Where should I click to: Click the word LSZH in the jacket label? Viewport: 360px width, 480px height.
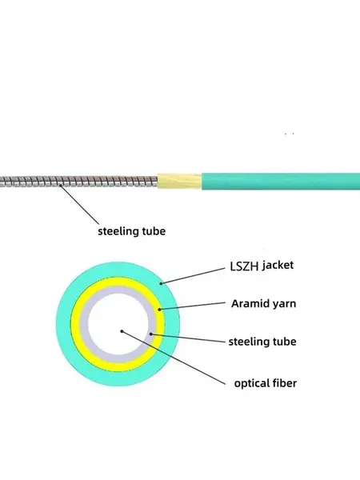[244, 266]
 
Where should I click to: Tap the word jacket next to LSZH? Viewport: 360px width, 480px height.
[278, 265]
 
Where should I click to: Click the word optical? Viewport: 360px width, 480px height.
[253, 383]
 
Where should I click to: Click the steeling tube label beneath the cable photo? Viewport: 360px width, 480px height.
[132, 231]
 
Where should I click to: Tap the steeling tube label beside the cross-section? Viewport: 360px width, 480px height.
[262, 342]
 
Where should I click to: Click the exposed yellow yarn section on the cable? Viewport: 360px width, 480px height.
[179, 182]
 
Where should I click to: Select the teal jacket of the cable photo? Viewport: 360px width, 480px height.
[281, 182]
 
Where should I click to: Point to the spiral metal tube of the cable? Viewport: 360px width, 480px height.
[78, 182]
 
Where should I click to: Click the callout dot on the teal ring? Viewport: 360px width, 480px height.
[161, 284]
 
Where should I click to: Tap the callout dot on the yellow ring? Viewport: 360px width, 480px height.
[159, 310]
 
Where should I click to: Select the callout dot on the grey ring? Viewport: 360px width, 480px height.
[150, 334]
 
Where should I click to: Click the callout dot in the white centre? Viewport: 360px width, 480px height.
[122, 331]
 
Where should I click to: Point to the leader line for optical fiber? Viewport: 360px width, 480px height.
[174, 358]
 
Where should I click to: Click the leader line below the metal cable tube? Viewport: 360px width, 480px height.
[79, 205]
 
